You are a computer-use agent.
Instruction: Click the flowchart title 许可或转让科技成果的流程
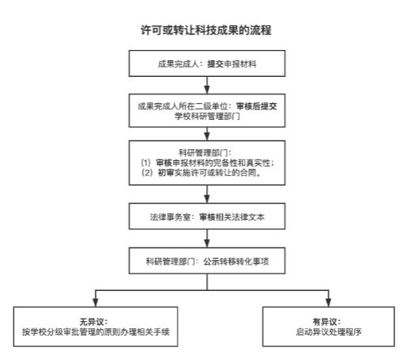(x=206, y=30)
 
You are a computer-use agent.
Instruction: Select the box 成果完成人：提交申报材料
(x=207, y=63)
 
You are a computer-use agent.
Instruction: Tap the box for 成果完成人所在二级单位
(x=207, y=110)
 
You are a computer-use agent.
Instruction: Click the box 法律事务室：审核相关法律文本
(x=207, y=216)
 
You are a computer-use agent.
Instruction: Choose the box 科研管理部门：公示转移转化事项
(x=207, y=261)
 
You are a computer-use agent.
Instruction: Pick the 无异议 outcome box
(x=96, y=327)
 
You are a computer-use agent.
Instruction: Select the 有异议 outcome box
(x=328, y=327)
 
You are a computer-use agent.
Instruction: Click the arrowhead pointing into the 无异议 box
(x=96, y=303)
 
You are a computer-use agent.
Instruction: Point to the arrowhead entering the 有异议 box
(x=328, y=303)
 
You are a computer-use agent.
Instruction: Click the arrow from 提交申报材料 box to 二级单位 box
(x=207, y=85)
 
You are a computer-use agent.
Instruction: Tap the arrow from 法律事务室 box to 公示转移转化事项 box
(x=207, y=239)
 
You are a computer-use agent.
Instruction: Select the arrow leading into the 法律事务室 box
(x=207, y=194)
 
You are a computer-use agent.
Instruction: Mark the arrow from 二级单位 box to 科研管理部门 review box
(x=207, y=134)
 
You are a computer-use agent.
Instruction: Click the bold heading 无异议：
(x=94, y=322)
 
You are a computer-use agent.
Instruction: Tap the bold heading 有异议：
(x=327, y=322)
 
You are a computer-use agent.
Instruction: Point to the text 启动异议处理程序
(x=328, y=331)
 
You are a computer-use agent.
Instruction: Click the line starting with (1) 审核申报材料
(x=208, y=163)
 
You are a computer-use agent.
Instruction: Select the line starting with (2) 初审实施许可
(x=201, y=173)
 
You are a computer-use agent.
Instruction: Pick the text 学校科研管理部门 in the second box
(x=208, y=116)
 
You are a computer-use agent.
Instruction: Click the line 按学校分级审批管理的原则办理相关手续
(x=96, y=331)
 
